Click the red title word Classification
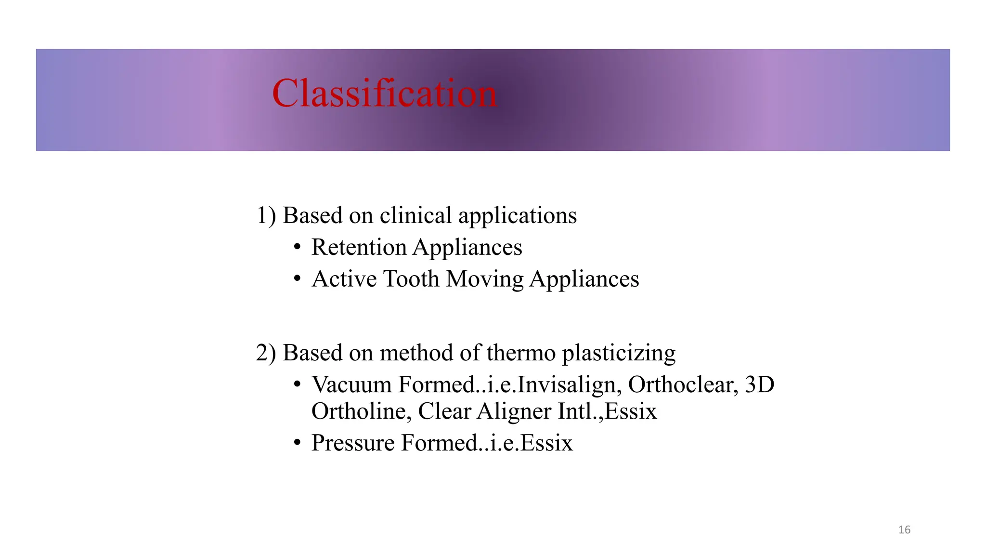click(384, 93)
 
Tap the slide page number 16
click(904, 530)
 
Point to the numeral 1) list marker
click(266, 215)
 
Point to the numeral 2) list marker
click(266, 353)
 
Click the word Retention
click(359, 247)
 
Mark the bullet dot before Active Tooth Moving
click(298, 279)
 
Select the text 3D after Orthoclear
click(759, 384)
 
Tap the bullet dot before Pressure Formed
click(298, 443)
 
